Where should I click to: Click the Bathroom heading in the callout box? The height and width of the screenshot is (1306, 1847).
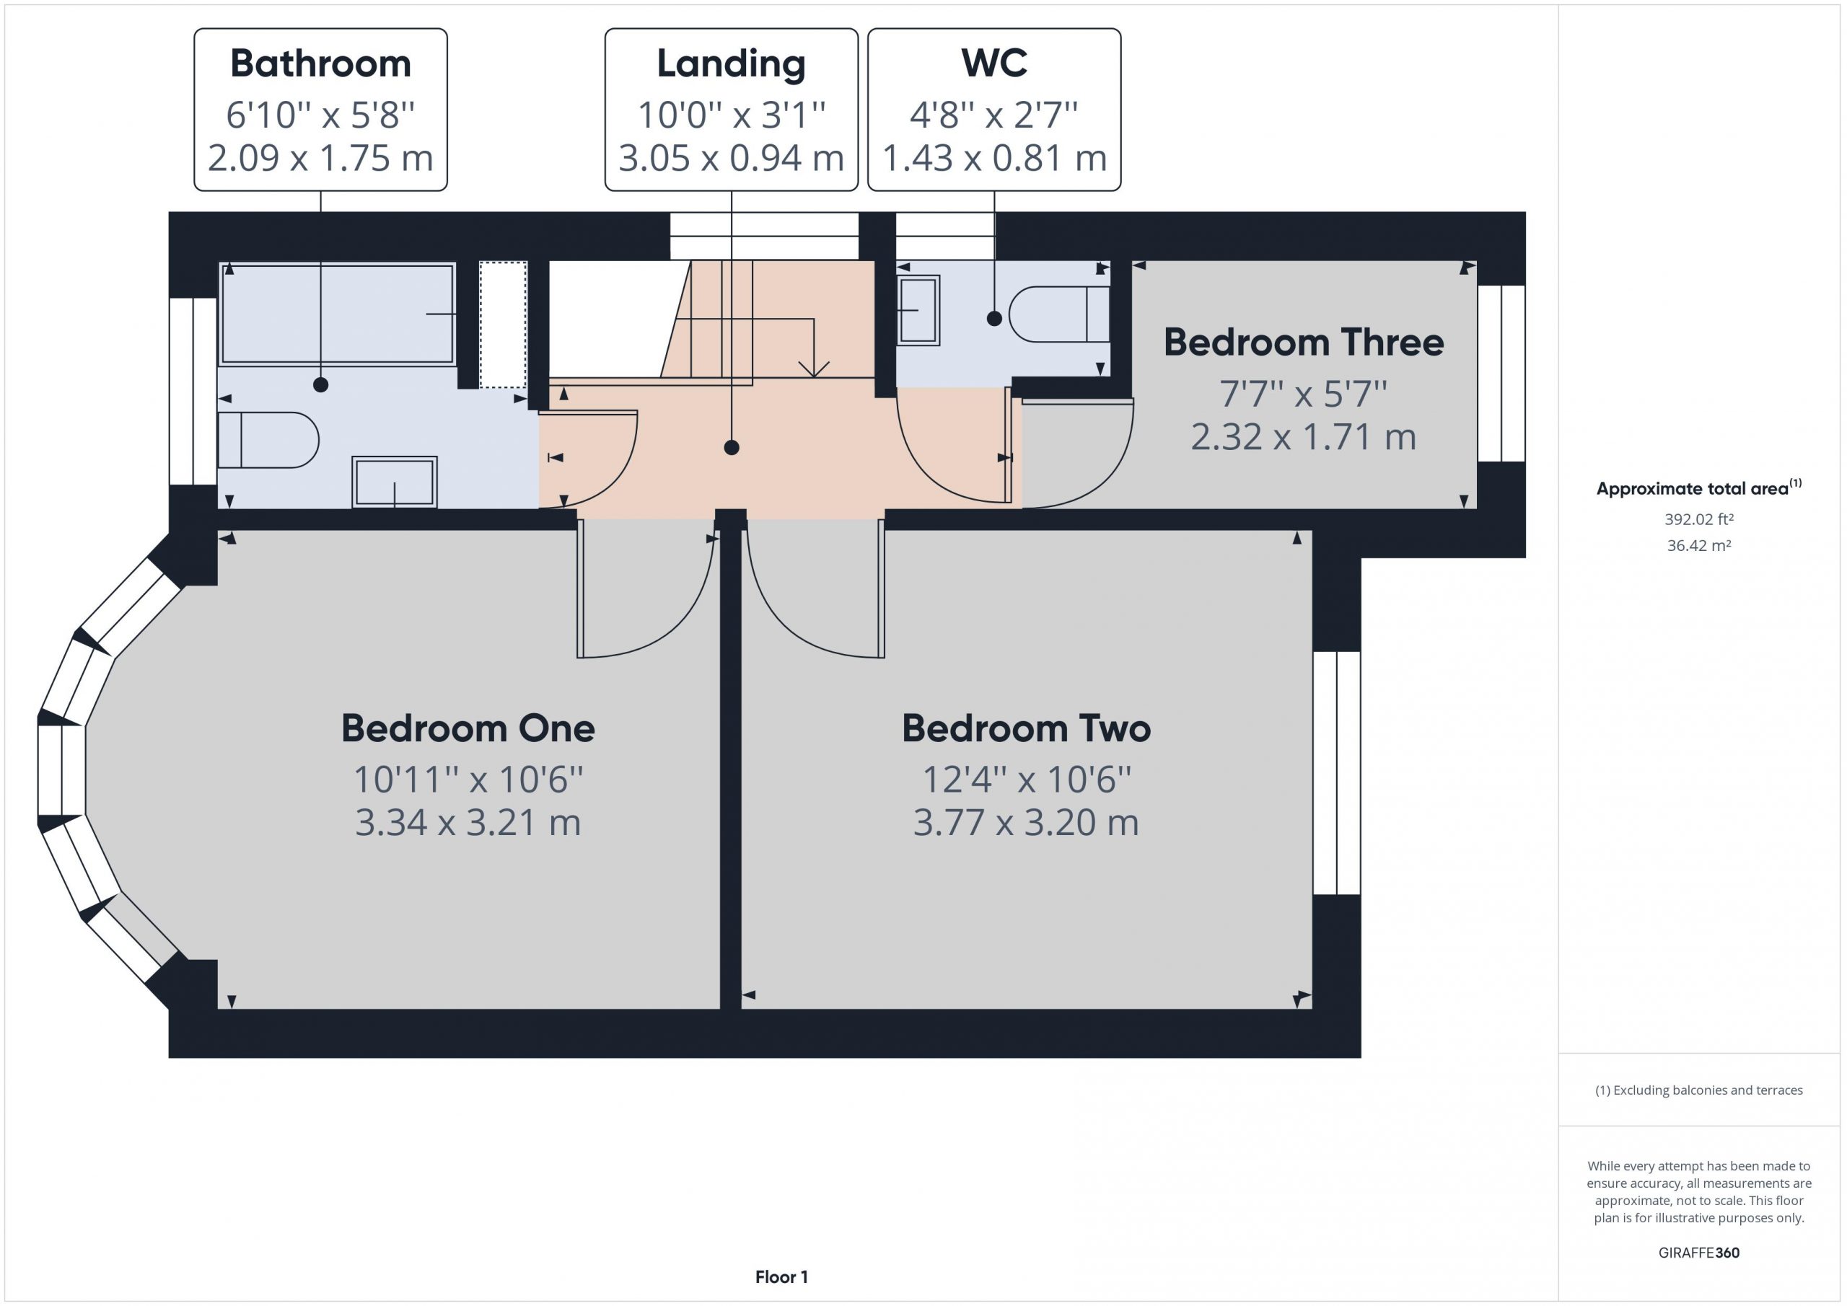[320, 63]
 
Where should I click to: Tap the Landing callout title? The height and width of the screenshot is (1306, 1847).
[730, 64]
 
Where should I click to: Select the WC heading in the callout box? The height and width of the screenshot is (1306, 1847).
[994, 63]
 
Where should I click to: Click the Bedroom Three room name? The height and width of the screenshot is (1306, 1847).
[1303, 343]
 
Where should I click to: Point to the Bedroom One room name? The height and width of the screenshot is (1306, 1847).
[468, 728]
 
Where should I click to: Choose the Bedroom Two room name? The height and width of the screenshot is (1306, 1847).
[1026, 728]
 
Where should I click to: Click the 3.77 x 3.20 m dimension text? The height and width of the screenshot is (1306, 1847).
[1026, 823]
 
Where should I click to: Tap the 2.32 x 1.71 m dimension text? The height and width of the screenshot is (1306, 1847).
[1303, 437]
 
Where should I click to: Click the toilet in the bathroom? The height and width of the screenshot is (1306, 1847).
[268, 440]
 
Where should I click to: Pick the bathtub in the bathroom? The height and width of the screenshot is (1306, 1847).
[337, 314]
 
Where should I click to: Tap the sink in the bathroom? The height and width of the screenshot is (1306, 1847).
[394, 482]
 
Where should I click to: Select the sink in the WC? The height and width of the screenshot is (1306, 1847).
[918, 310]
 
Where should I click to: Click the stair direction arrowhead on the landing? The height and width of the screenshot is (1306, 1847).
[814, 369]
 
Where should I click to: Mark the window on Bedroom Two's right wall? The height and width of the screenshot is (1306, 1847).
[1337, 773]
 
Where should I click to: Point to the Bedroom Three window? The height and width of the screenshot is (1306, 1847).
[1501, 373]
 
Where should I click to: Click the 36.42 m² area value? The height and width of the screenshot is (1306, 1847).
[1699, 545]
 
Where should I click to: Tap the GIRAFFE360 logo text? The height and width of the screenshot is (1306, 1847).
[1699, 1252]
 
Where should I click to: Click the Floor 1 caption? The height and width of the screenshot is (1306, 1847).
[781, 1276]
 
